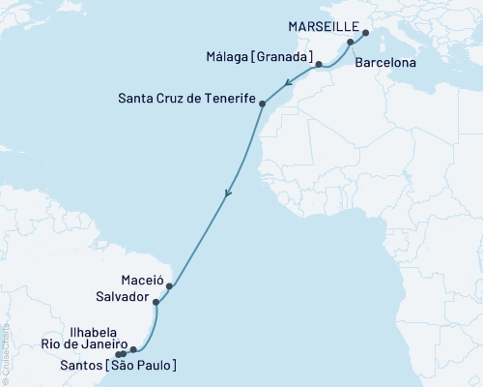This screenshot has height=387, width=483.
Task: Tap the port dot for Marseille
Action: click(365, 33)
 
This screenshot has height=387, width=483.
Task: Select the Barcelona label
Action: click(385, 62)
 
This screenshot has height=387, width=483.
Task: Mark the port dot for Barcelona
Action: click(350, 44)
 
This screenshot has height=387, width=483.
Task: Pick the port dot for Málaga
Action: click(319, 65)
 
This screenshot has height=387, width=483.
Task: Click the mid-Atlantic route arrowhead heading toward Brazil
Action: click(227, 194)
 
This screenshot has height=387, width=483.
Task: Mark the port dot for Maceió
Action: click(169, 285)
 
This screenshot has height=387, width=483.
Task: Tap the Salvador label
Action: click(122, 296)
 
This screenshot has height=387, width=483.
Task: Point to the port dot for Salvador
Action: click(156, 302)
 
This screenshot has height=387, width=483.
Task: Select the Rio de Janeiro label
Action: click(85, 342)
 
